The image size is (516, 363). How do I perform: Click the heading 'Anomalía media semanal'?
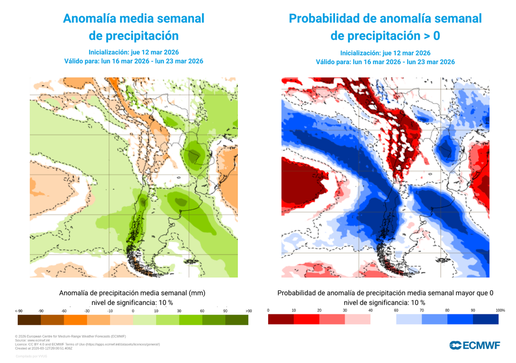click(x=134, y=19)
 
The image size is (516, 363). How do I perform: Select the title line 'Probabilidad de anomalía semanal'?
click(x=385, y=19)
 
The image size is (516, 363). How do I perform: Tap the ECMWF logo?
click(x=475, y=345)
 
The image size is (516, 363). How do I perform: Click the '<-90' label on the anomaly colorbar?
click(x=19, y=311)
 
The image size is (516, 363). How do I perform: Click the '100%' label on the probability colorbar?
click(x=500, y=310)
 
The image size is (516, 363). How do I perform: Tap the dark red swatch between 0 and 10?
click(x=281, y=320)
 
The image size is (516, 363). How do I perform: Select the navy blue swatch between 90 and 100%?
click(x=486, y=320)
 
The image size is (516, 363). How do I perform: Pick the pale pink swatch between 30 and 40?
click(x=358, y=320)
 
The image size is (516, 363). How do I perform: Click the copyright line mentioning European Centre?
click(x=71, y=336)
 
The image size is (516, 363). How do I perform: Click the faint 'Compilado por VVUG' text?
click(x=31, y=356)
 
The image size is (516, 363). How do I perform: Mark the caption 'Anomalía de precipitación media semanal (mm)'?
click(x=133, y=293)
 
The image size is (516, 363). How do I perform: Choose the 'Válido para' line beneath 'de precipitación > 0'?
click(x=385, y=62)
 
